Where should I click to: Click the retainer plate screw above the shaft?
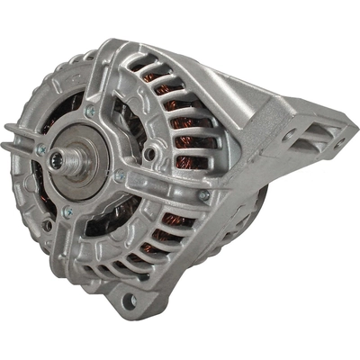(x=90, y=112)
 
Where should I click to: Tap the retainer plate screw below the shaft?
(x=67, y=211)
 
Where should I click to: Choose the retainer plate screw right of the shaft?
(x=120, y=175)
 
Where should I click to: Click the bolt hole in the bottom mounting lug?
(x=129, y=300)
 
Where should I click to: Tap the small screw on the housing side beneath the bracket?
(x=205, y=194)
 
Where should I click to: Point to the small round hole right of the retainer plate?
(x=150, y=154)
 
